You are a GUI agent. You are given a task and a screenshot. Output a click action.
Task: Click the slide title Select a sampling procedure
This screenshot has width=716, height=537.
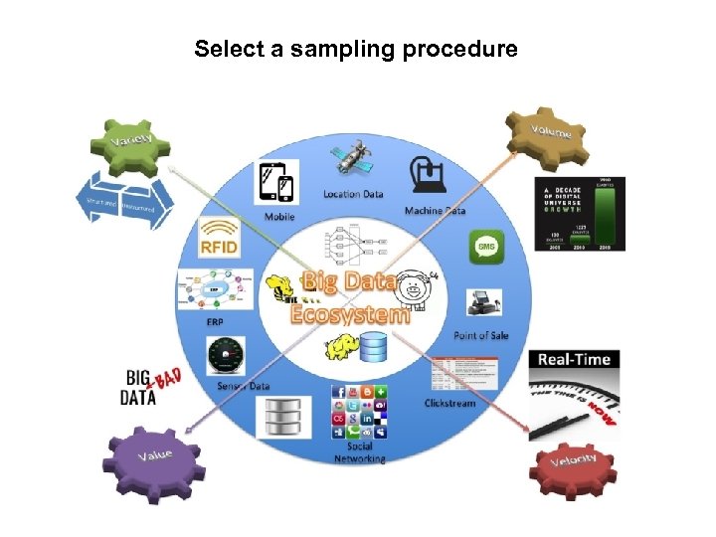point(356,49)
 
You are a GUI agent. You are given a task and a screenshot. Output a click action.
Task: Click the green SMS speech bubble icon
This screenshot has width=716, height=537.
point(486,246)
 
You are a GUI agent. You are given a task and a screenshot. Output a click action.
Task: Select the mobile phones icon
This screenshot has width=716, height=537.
point(277,183)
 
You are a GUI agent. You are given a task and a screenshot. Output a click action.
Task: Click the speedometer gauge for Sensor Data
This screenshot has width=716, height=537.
point(226,355)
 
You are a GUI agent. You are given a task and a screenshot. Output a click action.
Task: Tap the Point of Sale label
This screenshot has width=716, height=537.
point(480,336)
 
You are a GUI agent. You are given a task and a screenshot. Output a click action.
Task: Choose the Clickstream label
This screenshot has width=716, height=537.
point(449,403)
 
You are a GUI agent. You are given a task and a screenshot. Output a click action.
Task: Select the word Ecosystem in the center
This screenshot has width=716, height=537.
point(349,313)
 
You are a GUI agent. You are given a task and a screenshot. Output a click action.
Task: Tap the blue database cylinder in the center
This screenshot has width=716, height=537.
point(375,348)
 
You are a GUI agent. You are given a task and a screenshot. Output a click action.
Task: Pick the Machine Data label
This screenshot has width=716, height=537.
point(435,211)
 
